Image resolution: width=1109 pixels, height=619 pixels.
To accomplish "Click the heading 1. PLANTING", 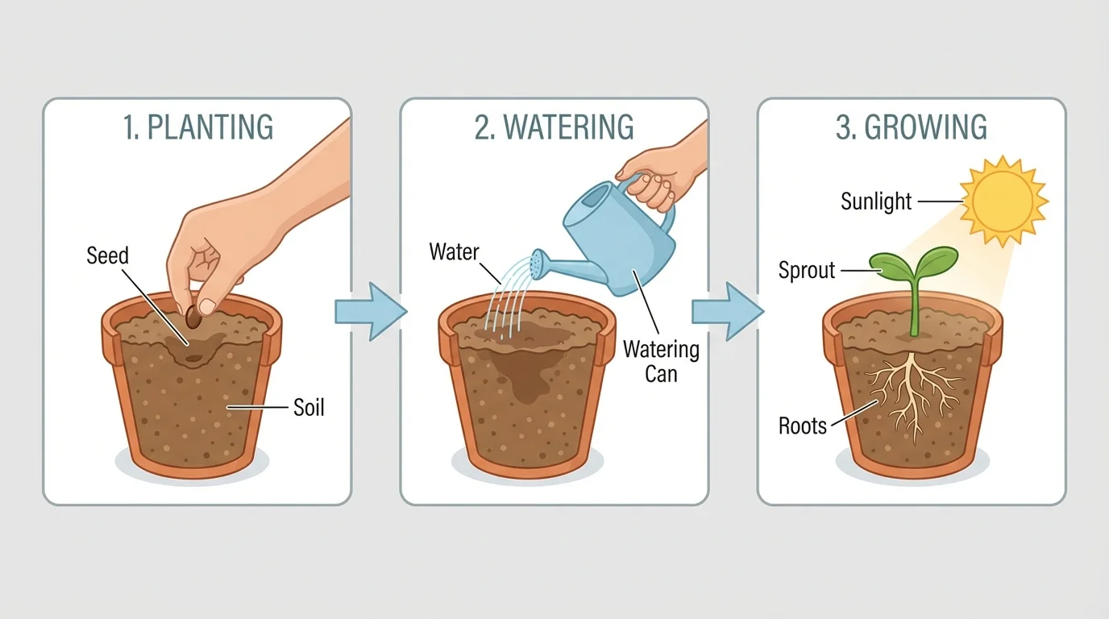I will click(198, 128).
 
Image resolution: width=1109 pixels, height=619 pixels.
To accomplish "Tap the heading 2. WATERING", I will click(554, 128).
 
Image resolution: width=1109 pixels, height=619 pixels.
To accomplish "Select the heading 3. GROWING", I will click(911, 128).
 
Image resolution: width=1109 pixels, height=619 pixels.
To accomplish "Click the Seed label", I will click(107, 256).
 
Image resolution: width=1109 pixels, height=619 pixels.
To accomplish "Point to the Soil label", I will click(308, 408).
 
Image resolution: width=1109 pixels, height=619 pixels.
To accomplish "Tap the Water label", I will click(454, 252).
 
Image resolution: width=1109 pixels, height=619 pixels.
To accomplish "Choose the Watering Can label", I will click(661, 362).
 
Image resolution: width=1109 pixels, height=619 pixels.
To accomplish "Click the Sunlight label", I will click(876, 201).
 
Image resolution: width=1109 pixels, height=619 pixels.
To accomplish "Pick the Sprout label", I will click(806, 270).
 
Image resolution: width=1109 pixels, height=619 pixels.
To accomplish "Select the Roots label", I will click(803, 425).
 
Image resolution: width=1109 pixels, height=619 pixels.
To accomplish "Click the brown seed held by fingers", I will click(193, 317).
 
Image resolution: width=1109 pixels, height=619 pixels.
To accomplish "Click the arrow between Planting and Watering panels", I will click(368, 312).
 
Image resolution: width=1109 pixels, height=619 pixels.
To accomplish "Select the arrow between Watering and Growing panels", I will click(725, 312).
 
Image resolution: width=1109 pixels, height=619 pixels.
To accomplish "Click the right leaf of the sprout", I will click(937, 260).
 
